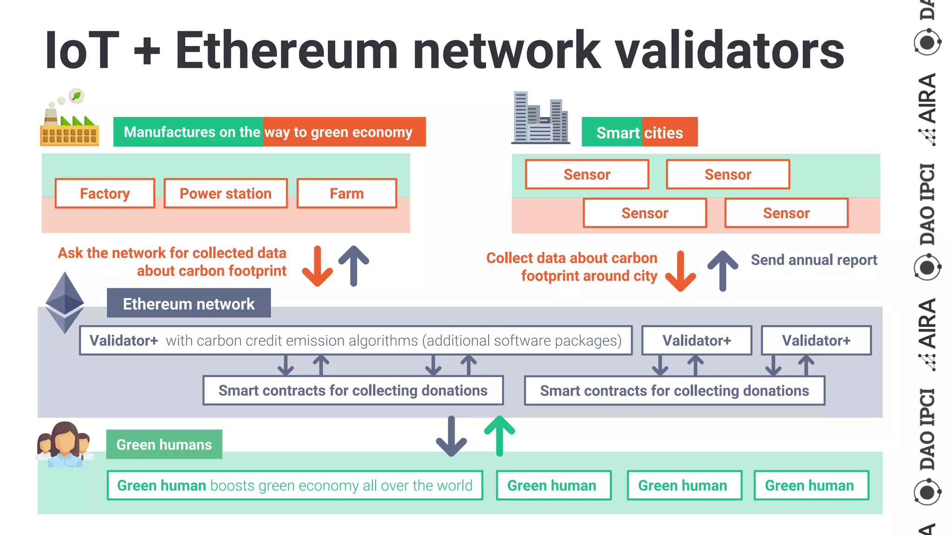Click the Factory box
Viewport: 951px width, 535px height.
tap(105, 193)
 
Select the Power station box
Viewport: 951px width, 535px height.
tap(226, 193)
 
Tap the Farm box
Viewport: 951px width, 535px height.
tap(346, 193)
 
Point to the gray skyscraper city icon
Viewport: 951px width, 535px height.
tap(540, 118)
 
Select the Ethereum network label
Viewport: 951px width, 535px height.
tap(189, 303)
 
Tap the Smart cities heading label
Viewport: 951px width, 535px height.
tap(639, 132)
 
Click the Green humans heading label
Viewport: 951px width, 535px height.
tap(164, 444)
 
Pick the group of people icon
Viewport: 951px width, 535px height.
tap(65, 444)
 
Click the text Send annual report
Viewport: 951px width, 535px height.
tap(814, 260)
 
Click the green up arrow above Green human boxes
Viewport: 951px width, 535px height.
tap(499, 435)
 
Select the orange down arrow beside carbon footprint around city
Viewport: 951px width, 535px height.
tap(680, 271)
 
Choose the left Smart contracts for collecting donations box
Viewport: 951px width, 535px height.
tap(353, 391)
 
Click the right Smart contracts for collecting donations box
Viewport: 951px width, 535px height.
tap(674, 391)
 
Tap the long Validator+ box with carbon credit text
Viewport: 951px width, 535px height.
tap(356, 340)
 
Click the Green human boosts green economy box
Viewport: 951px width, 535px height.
tap(295, 485)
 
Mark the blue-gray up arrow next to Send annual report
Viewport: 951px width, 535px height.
tap(723, 271)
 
